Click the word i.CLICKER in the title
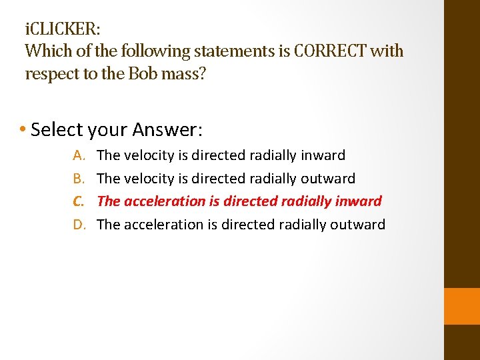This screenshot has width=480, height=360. point(63,30)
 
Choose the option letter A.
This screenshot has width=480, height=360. point(79,155)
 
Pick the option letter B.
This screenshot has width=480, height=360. point(79,178)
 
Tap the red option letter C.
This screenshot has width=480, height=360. point(79,201)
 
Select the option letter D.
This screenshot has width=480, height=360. point(79,224)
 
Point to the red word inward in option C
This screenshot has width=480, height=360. point(358,201)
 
